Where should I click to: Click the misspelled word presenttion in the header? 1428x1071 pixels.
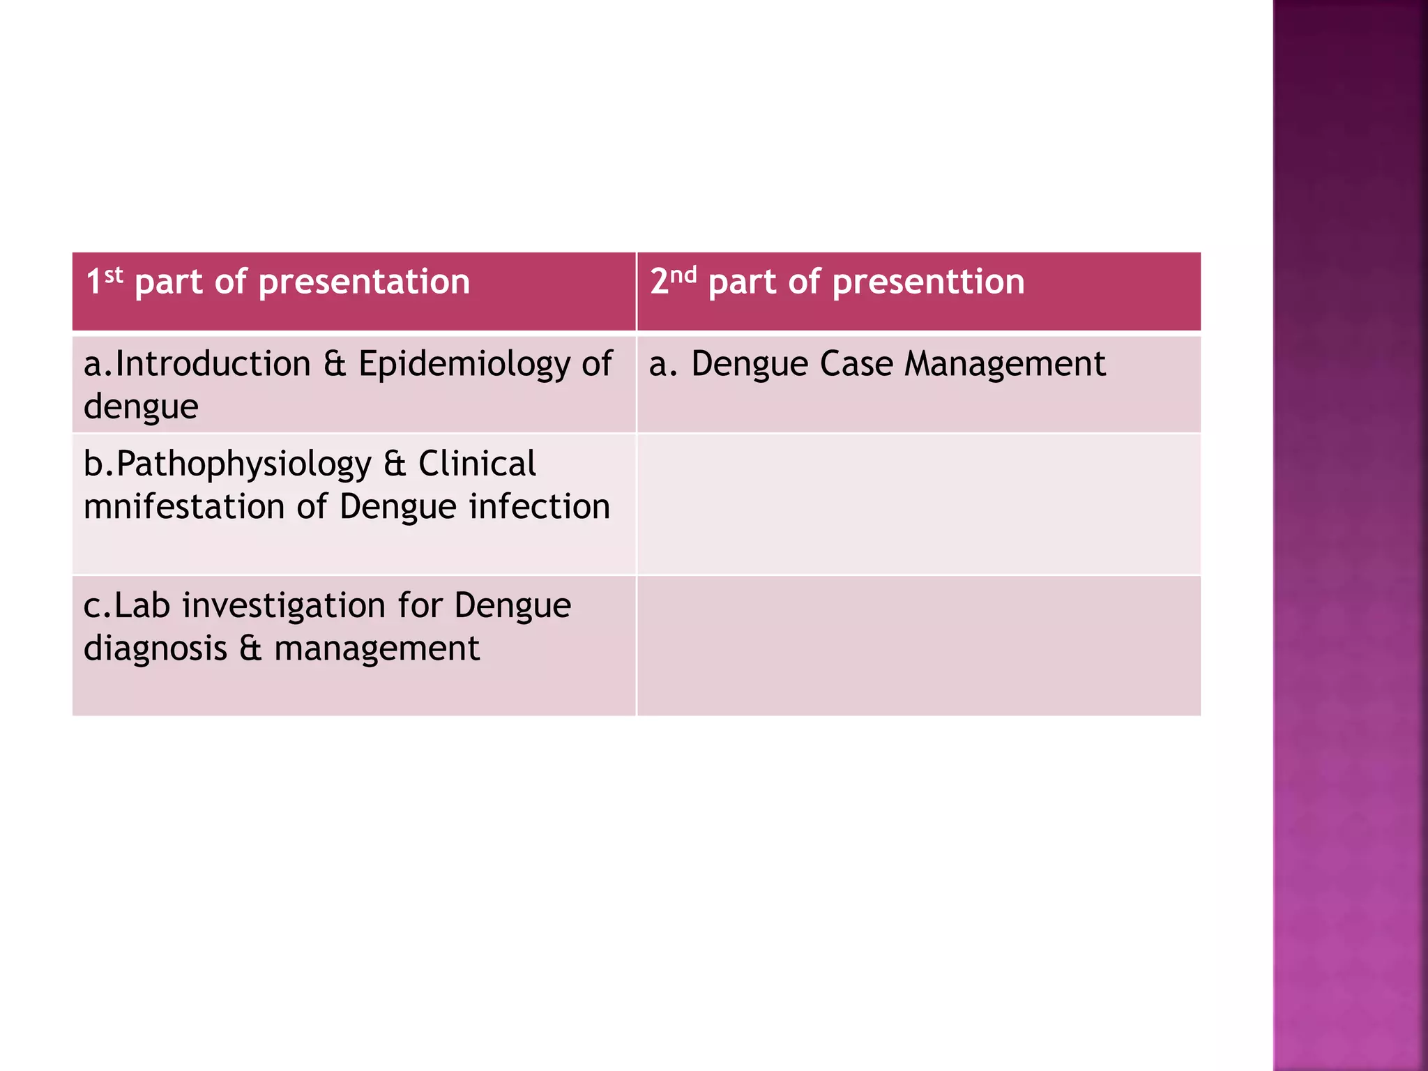(x=928, y=282)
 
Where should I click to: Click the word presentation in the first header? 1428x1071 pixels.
(x=364, y=282)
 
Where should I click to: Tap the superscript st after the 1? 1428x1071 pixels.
(x=114, y=275)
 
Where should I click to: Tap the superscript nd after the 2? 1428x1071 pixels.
(x=683, y=275)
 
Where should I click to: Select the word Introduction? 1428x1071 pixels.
(x=213, y=364)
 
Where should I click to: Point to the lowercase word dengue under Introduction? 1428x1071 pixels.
(x=141, y=407)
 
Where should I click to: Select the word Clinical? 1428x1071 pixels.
(x=477, y=464)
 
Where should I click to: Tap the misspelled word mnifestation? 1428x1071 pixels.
(x=183, y=507)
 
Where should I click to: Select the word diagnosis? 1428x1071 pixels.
(x=155, y=649)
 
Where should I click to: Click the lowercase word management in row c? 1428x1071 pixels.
(x=377, y=649)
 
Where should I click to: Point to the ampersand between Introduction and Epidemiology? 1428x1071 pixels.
(x=335, y=365)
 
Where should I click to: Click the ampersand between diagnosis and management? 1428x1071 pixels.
(x=250, y=648)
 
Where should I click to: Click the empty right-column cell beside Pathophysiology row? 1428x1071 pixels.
(x=918, y=504)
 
